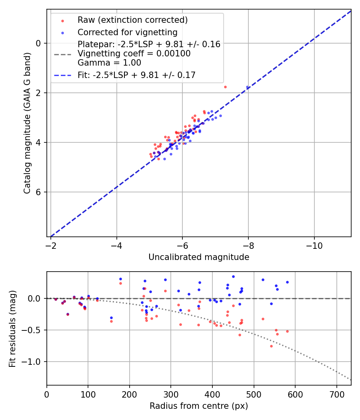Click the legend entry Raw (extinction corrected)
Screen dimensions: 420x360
pyautogui.click(x=132, y=20)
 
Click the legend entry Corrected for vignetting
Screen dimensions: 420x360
pyautogui.click(x=127, y=32)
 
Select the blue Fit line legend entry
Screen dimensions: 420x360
pyautogui.click(x=136, y=75)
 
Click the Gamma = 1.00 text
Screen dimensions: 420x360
pyautogui.click(x=109, y=62)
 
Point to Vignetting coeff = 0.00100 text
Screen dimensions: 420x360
pyautogui.click(x=134, y=54)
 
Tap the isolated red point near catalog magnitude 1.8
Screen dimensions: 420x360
pyautogui.click(x=225, y=87)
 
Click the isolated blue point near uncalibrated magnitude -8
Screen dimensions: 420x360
pyautogui.click(x=247, y=87)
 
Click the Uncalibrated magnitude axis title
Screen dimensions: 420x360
pyautogui.click(x=199, y=257)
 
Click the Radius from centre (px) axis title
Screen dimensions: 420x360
pyautogui.click(x=199, y=406)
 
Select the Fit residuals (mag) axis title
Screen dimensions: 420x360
pyautogui.click(x=12, y=328)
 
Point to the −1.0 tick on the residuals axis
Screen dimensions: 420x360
pyautogui.click(x=36, y=362)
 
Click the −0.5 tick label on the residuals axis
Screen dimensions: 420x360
pyautogui.click(x=36, y=330)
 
